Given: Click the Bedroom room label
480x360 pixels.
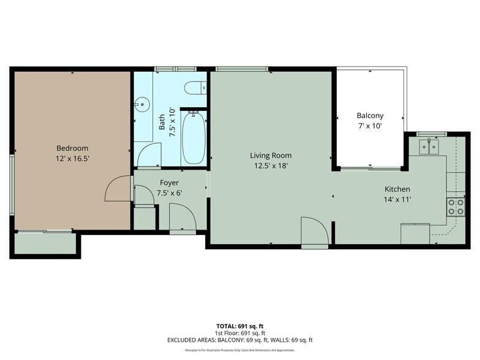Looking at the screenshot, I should click(x=72, y=148).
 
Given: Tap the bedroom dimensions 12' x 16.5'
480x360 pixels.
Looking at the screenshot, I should click(x=72, y=159).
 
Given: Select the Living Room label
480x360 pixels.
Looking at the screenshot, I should click(x=271, y=155).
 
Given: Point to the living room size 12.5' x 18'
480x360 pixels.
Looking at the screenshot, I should click(x=271, y=165).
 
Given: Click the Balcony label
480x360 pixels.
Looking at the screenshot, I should click(x=370, y=116).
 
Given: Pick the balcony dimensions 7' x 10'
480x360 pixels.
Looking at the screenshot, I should click(x=370, y=126).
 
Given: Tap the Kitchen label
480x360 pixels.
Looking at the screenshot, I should click(x=397, y=189).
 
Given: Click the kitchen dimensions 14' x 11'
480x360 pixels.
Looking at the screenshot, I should click(x=397, y=200).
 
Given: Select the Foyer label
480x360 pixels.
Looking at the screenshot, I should click(x=169, y=182).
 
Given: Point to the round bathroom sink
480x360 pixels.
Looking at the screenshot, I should click(x=142, y=104).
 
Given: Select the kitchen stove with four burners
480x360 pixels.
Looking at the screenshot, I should click(x=456, y=206).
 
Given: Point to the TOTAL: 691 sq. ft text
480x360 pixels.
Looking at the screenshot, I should click(x=239, y=326).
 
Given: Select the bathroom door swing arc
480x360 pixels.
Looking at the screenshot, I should click(x=149, y=155).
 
